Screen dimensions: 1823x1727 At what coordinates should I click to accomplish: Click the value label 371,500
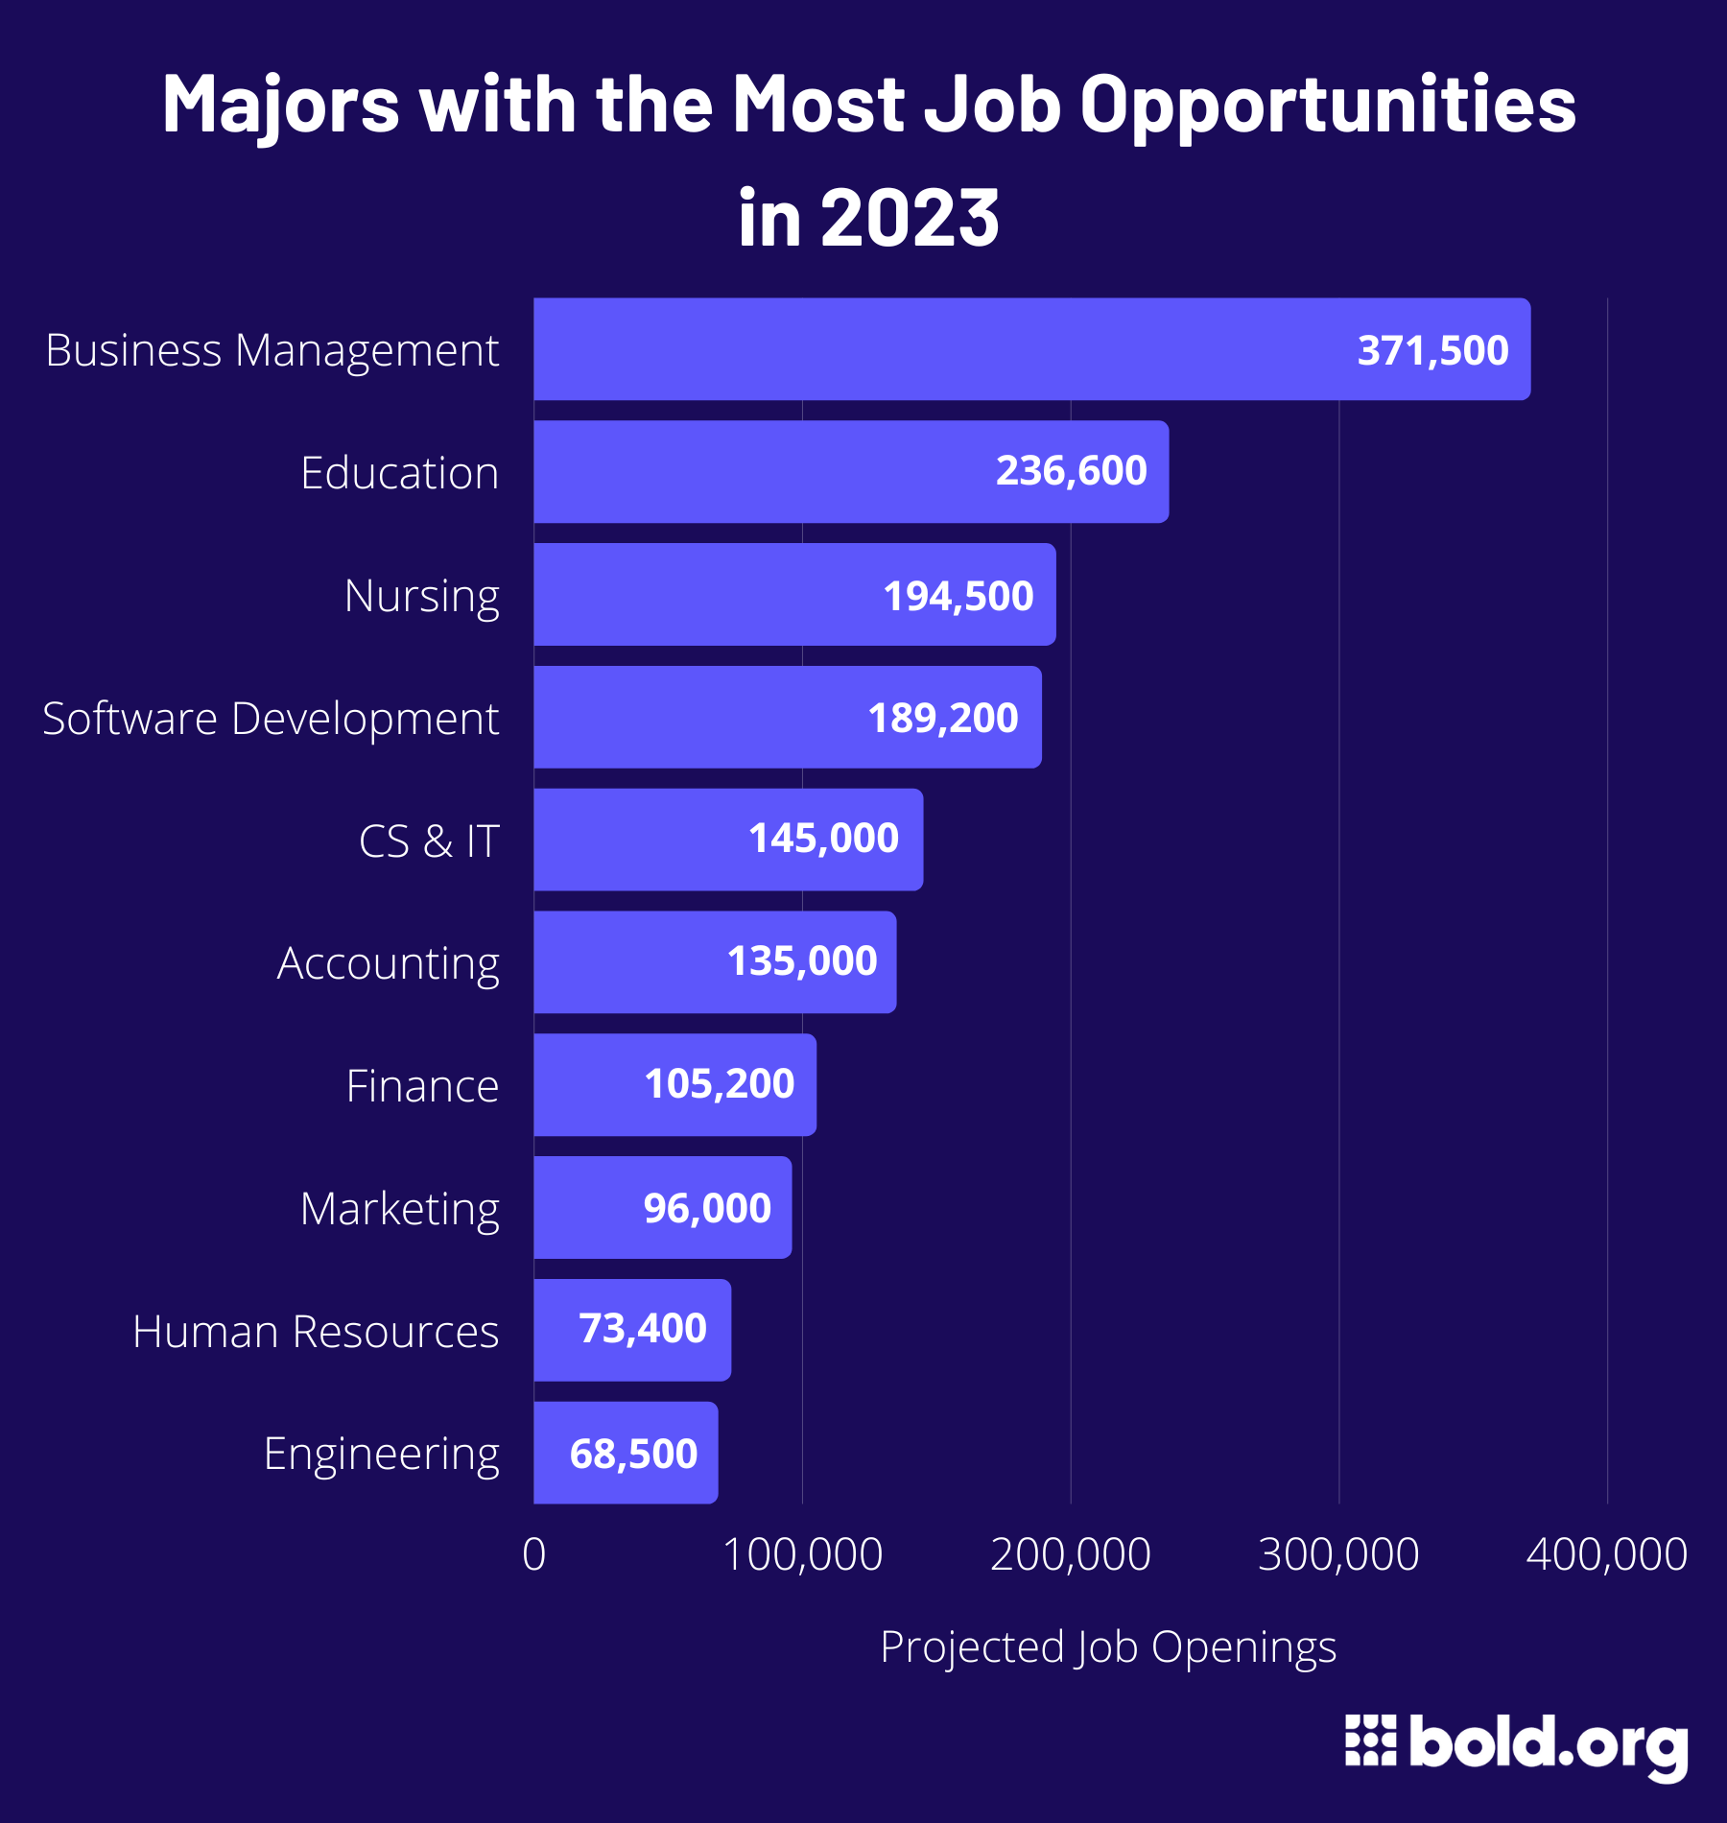point(1432,351)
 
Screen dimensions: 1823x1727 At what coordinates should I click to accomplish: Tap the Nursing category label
point(421,597)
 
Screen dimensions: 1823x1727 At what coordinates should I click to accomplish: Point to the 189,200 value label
point(942,719)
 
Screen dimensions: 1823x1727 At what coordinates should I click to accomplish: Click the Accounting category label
point(388,964)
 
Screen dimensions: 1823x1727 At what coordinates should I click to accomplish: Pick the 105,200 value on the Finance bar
point(719,1084)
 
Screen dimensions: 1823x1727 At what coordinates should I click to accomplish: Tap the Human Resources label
point(316,1332)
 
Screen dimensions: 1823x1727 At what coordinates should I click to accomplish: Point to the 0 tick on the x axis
point(534,1555)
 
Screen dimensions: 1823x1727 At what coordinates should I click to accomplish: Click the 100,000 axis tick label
point(802,1555)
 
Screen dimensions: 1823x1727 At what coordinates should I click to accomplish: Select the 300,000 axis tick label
point(1338,1555)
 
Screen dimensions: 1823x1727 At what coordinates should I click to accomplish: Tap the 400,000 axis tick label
point(1607,1555)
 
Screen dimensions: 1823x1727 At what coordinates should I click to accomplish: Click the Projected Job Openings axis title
point(1108,1648)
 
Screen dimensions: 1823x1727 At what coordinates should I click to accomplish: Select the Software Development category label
point(271,720)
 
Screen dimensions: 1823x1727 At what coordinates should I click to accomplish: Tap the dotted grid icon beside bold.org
point(1370,1740)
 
